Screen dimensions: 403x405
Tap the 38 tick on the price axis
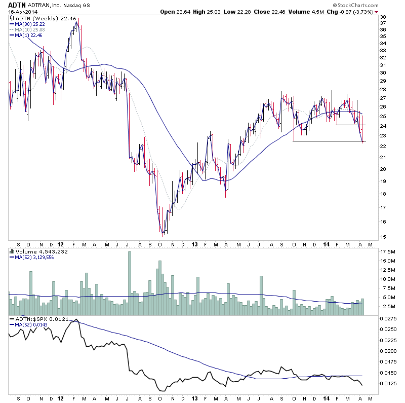pos(383,17)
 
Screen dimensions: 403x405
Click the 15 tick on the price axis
pos(383,237)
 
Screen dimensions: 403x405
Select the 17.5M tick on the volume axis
pos(388,251)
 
